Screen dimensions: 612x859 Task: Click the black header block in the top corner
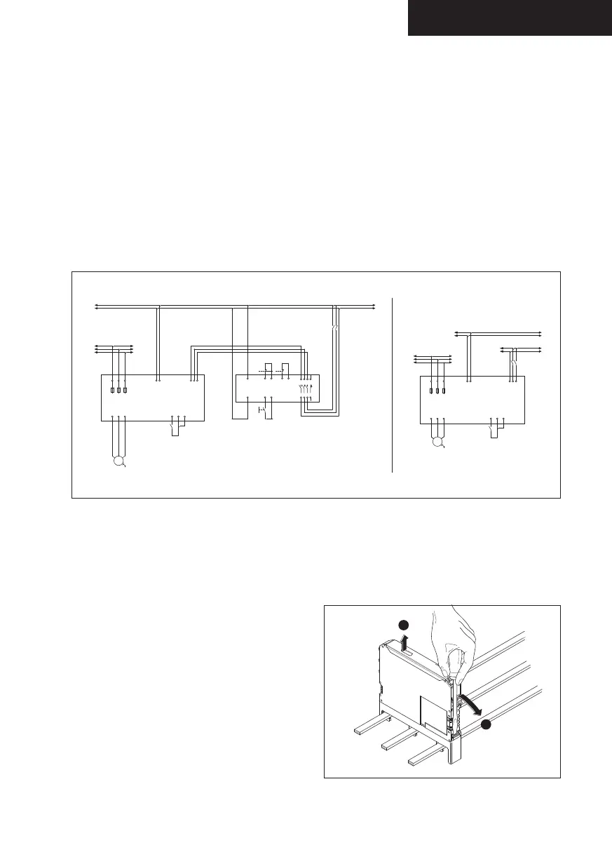coord(510,18)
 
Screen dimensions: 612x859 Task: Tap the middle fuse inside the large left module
coord(118,389)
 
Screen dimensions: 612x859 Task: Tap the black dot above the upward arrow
coord(402,625)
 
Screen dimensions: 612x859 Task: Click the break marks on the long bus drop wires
coord(336,328)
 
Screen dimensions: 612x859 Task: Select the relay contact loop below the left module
coord(175,427)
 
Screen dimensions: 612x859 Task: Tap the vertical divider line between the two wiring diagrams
coord(392,385)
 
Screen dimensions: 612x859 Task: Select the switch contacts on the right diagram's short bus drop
coord(514,365)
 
